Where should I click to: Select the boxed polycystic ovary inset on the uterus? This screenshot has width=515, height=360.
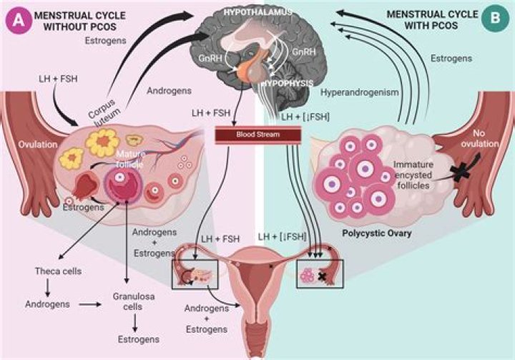click(x=320, y=274)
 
